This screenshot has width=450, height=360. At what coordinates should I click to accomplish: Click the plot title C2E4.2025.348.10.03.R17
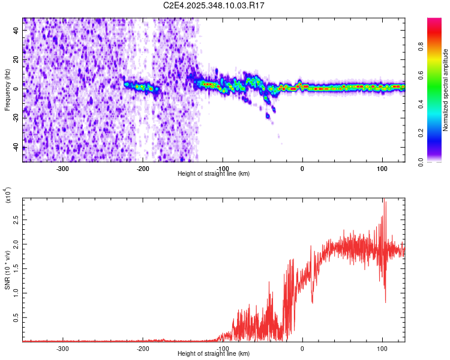coord(214,5)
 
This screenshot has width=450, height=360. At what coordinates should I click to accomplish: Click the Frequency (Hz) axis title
coord(7,91)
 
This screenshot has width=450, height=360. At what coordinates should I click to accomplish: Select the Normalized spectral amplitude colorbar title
coord(445,91)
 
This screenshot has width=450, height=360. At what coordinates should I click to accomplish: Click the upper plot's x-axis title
coord(214,173)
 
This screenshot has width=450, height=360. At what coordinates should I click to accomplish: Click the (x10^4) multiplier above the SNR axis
coord(8,196)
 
